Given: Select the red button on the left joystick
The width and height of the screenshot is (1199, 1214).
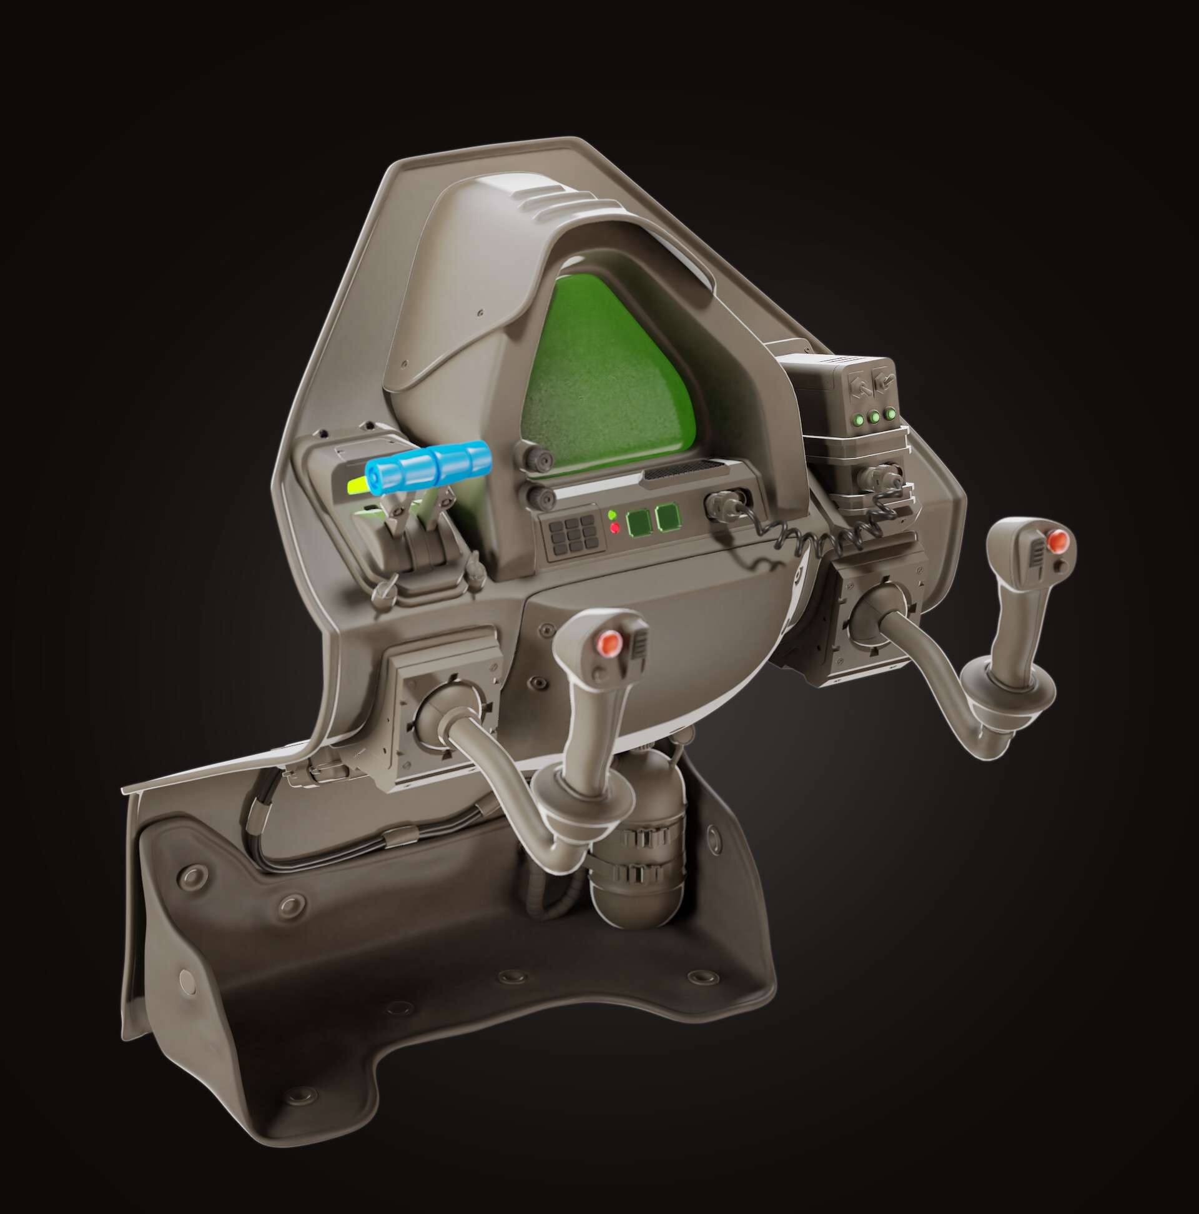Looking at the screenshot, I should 609,644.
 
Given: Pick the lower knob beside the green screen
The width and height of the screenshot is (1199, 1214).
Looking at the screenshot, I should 541,498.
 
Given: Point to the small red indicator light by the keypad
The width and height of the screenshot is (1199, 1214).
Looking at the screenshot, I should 615,528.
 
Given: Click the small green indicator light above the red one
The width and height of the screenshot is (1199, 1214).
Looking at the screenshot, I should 612,515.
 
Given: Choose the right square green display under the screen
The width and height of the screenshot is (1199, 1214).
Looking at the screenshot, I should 668,517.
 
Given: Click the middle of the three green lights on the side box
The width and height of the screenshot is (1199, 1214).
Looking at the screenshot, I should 874,417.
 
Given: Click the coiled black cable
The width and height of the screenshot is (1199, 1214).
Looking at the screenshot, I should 816,538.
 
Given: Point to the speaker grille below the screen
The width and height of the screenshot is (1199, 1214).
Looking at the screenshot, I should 684,469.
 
